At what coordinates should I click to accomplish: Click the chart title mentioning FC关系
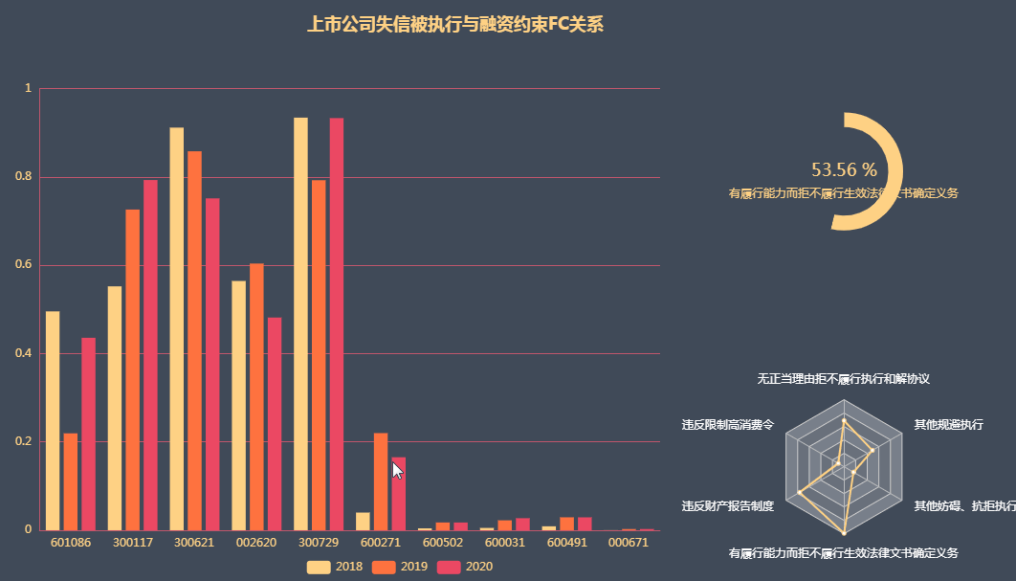pyautogui.click(x=454, y=25)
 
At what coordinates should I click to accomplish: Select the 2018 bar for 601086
pyautogui.click(x=53, y=420)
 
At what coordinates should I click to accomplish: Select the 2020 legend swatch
pyautogui.click(x=449, y=567)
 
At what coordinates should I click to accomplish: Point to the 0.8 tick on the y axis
pyautogui.click(x=29, y=177)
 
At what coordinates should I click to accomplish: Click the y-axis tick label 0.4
pyautogui.click(x=29, y=353)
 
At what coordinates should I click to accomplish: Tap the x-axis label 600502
pyautogui.click(x=443, y=542)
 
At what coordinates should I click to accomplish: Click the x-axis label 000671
pyautogui.click(x=629, y=542)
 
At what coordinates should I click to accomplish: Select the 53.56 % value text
pyautogui.click(x=844, y=170)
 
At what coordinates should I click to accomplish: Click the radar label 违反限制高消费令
pyautogui.click(x=727, y=424)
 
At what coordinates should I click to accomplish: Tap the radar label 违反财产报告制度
pyautogui.click(x=727, y=505)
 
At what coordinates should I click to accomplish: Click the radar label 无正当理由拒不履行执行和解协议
pyautogui.click(x=843, y=379)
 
